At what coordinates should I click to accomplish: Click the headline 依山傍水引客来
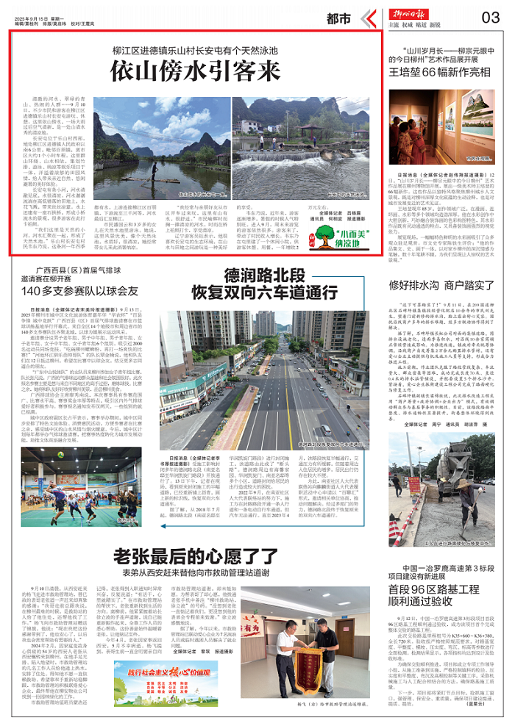(x=195, y=72)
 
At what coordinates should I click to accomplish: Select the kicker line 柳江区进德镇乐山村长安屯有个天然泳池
(x=195, y=51)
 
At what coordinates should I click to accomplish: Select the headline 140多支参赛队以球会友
(x=80, y=292)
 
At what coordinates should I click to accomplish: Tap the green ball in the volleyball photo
(x=101, y=472)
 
